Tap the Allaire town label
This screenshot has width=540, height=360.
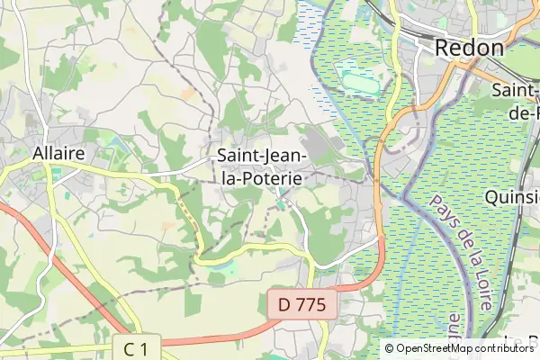[x=58, y=153]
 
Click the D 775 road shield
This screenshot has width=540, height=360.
[x=301, y=303]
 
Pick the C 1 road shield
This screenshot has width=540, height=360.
[x=136, y=347]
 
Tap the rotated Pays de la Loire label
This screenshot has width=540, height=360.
[x=459, y=253]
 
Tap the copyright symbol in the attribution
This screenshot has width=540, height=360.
[x=390, y=348]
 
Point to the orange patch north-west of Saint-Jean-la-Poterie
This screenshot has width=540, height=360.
[x=187, y=93]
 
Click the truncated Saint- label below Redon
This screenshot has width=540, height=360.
[x=516, y=91]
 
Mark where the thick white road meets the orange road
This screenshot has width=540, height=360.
[x=380, y=239]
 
